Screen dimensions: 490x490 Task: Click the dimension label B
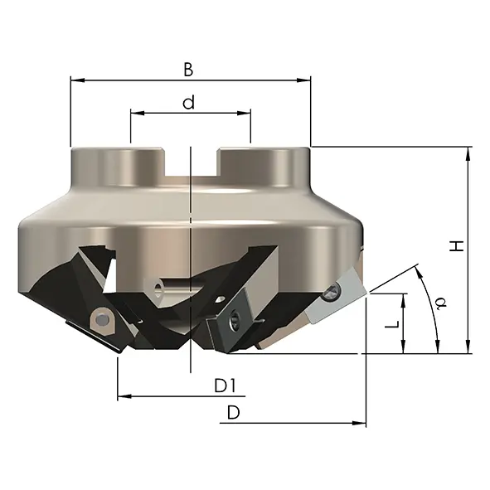(x=188, y=70)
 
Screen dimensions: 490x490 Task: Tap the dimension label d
(x=188, y=102)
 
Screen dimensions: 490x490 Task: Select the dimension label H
(x=457, y=246)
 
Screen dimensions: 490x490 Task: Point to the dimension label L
(x=392, y=324)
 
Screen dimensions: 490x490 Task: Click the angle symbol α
(x=441, y=303)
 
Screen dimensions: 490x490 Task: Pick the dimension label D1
(x=225, y=386)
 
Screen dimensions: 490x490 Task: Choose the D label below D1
(x=234, y=413)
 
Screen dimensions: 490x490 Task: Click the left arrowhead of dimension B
(x=78, y=80)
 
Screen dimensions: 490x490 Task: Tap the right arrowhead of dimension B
(x=303, y=80)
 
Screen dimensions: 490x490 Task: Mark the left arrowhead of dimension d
(x=138, y=113)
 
